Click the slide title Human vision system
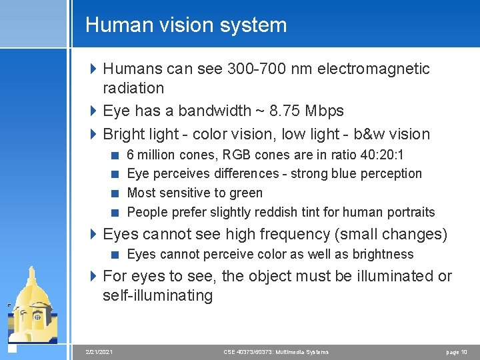186,25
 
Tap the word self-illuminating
157,295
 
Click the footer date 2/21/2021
100,351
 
